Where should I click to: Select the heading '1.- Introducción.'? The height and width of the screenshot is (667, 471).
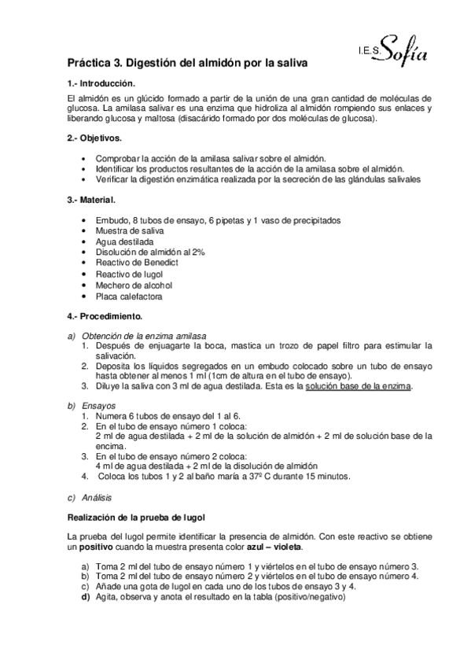101,83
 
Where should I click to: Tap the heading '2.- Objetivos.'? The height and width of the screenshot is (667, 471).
94,138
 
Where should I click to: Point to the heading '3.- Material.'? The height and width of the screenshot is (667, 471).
92,200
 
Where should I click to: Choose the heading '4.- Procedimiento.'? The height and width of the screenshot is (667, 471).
105,316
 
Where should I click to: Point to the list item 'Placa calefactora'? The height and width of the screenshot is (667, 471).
129,297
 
